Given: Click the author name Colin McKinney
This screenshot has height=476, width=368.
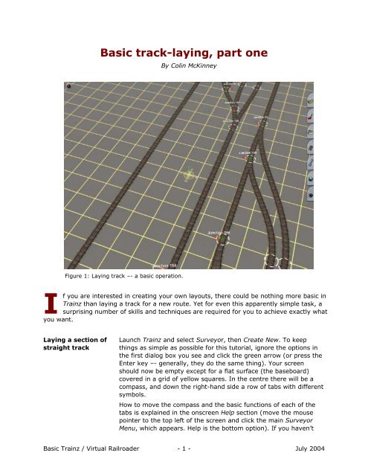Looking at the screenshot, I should (x=184, y=67).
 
